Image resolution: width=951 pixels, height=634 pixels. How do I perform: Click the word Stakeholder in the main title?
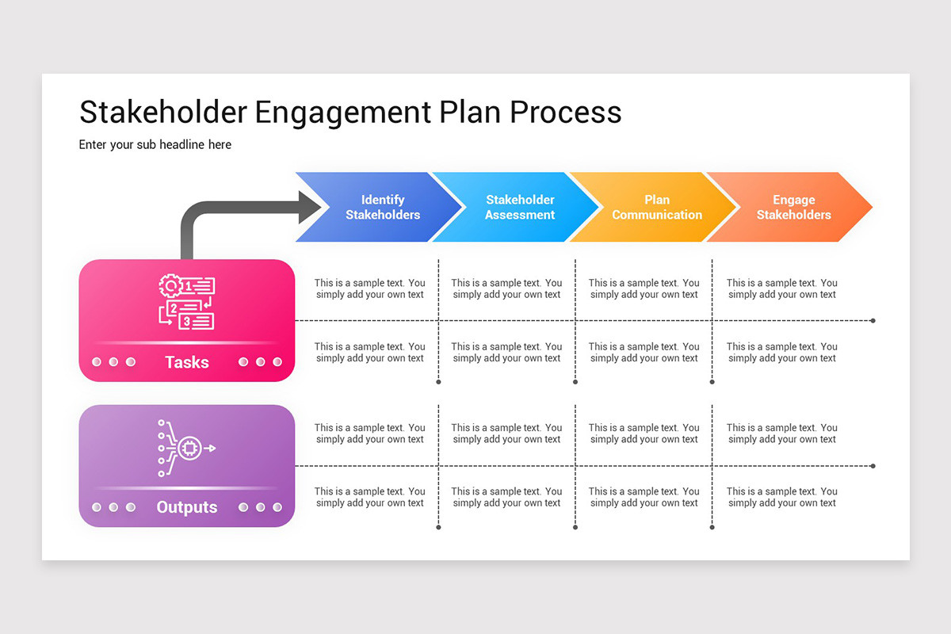pyautogui.click(x=163, y=113)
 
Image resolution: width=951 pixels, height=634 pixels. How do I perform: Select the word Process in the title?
pyautogui.click(x=566, y=113)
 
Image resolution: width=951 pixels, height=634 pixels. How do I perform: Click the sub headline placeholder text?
pyautogui.click(x=155, y=145)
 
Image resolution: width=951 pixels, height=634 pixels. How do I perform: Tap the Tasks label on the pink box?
pyautogui.click(x=187, y=363)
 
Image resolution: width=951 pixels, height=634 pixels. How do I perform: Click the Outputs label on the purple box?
pyautogui.click(x=187, y=507)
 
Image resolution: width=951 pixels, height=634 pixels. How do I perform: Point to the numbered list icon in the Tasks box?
pyautogui.click(x=187, y=301)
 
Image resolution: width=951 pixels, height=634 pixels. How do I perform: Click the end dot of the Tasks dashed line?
pyautogui.click(x=873, y=321)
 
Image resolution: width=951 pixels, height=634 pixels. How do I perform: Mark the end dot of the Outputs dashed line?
pyautogui.click(x=873, y=466)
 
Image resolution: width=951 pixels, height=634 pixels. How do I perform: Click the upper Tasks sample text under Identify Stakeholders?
pyautogui.click(x=370, y=288)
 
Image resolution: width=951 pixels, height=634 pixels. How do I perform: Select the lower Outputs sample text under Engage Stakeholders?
pyautogui.click(x=782, y=497)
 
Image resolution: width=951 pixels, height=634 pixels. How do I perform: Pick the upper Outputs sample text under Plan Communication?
pyautogui.click(x=644, y=433)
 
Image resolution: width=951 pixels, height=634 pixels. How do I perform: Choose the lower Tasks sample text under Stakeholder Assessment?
pyautogui.click(x=507, y=353)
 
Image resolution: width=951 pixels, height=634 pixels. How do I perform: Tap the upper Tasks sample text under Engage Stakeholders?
pyautogui.click(x=782, y=288)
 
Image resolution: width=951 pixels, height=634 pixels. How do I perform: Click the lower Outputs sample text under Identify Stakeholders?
pyautogui.click(x=370, y=497)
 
